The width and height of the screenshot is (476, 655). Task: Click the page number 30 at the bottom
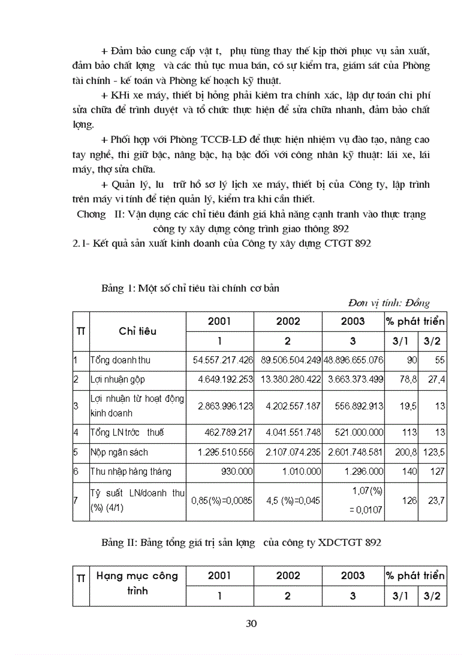[251, 623]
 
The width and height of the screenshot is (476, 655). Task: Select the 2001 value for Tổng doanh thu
[223, 360]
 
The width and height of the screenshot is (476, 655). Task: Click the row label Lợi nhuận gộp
[117, 379]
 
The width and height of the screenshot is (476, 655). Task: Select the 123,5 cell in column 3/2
[433, 452]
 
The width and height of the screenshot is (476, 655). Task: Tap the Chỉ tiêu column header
[138, 331]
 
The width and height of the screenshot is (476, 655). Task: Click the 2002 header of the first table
[288, 321]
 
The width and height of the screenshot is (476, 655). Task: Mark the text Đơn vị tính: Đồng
[388, 303]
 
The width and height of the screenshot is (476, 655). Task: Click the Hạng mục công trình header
[138, 583]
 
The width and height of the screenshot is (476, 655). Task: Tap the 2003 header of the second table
[352, 576]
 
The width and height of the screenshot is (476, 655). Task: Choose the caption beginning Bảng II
[241, 542]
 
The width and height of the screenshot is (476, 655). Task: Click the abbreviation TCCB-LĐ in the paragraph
[227, 141]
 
